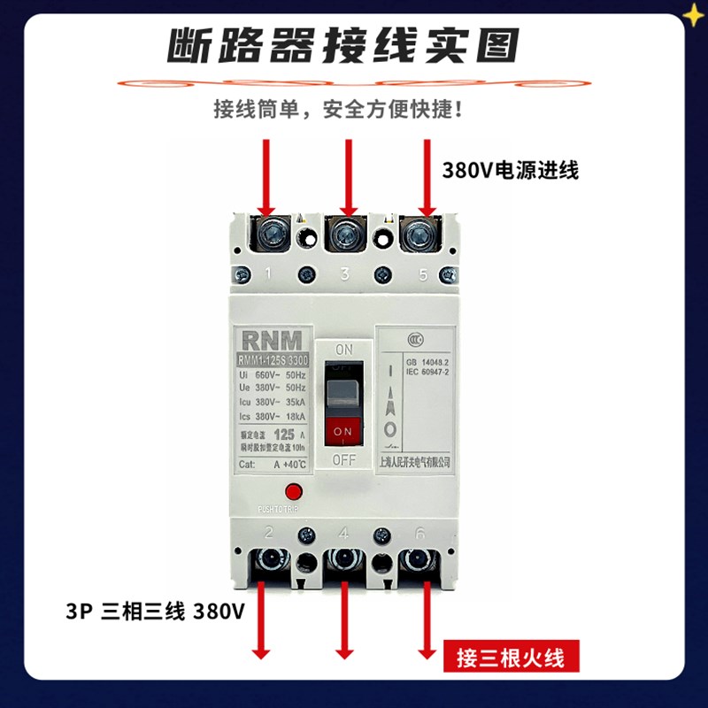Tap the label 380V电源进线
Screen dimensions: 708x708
click(x=511, y=171)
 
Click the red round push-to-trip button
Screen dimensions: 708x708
click(x=293, y=492)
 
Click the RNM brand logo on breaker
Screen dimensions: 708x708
click(x=270, y=338)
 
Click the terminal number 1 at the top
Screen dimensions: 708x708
click(x=268, y=274)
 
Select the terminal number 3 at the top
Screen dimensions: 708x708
click(x=345, y=274)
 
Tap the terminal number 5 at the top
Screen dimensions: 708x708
click(x=422, y=274)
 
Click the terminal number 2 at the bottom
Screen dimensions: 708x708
click(x=268, y=533)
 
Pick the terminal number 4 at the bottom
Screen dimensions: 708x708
click(x=345, y=533)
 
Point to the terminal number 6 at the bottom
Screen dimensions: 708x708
click(x=421, y=533)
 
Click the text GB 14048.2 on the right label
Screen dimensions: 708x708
click(x=428, y=362)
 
